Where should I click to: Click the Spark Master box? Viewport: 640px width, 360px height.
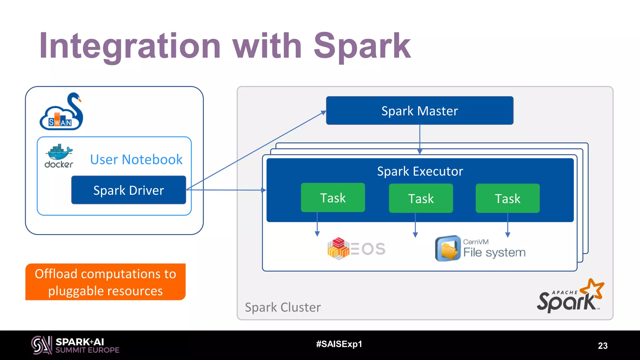pos(419,111)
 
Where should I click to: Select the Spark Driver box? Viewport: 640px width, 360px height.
pos(128,190)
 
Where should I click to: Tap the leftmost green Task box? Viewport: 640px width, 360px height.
pos(333,198)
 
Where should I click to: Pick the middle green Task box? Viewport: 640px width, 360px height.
pos(421,198)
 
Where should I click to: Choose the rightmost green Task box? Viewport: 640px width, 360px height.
pos(507,198)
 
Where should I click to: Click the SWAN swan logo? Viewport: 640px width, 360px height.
pos(62,112)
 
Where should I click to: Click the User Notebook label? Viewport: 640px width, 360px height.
pos(136,159)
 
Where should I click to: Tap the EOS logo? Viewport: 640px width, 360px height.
pos(356,249)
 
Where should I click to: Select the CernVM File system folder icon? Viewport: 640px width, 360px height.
pos(447,249)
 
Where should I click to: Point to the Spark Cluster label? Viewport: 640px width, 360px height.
pos(282,307)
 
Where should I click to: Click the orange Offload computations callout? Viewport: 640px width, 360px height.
pos(105,282)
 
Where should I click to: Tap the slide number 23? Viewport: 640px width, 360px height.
pos(602,346)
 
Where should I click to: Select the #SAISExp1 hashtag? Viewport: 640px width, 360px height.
pos(339,344)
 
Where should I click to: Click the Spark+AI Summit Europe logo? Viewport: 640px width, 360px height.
pos(75,345)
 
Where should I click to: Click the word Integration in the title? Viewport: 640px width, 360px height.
pos(130,46)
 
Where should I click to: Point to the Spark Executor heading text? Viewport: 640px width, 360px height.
pos(420,171)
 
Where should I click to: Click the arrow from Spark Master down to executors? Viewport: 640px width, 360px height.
pos(420,139)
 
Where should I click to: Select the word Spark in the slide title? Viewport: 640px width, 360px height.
pos(362,46)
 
